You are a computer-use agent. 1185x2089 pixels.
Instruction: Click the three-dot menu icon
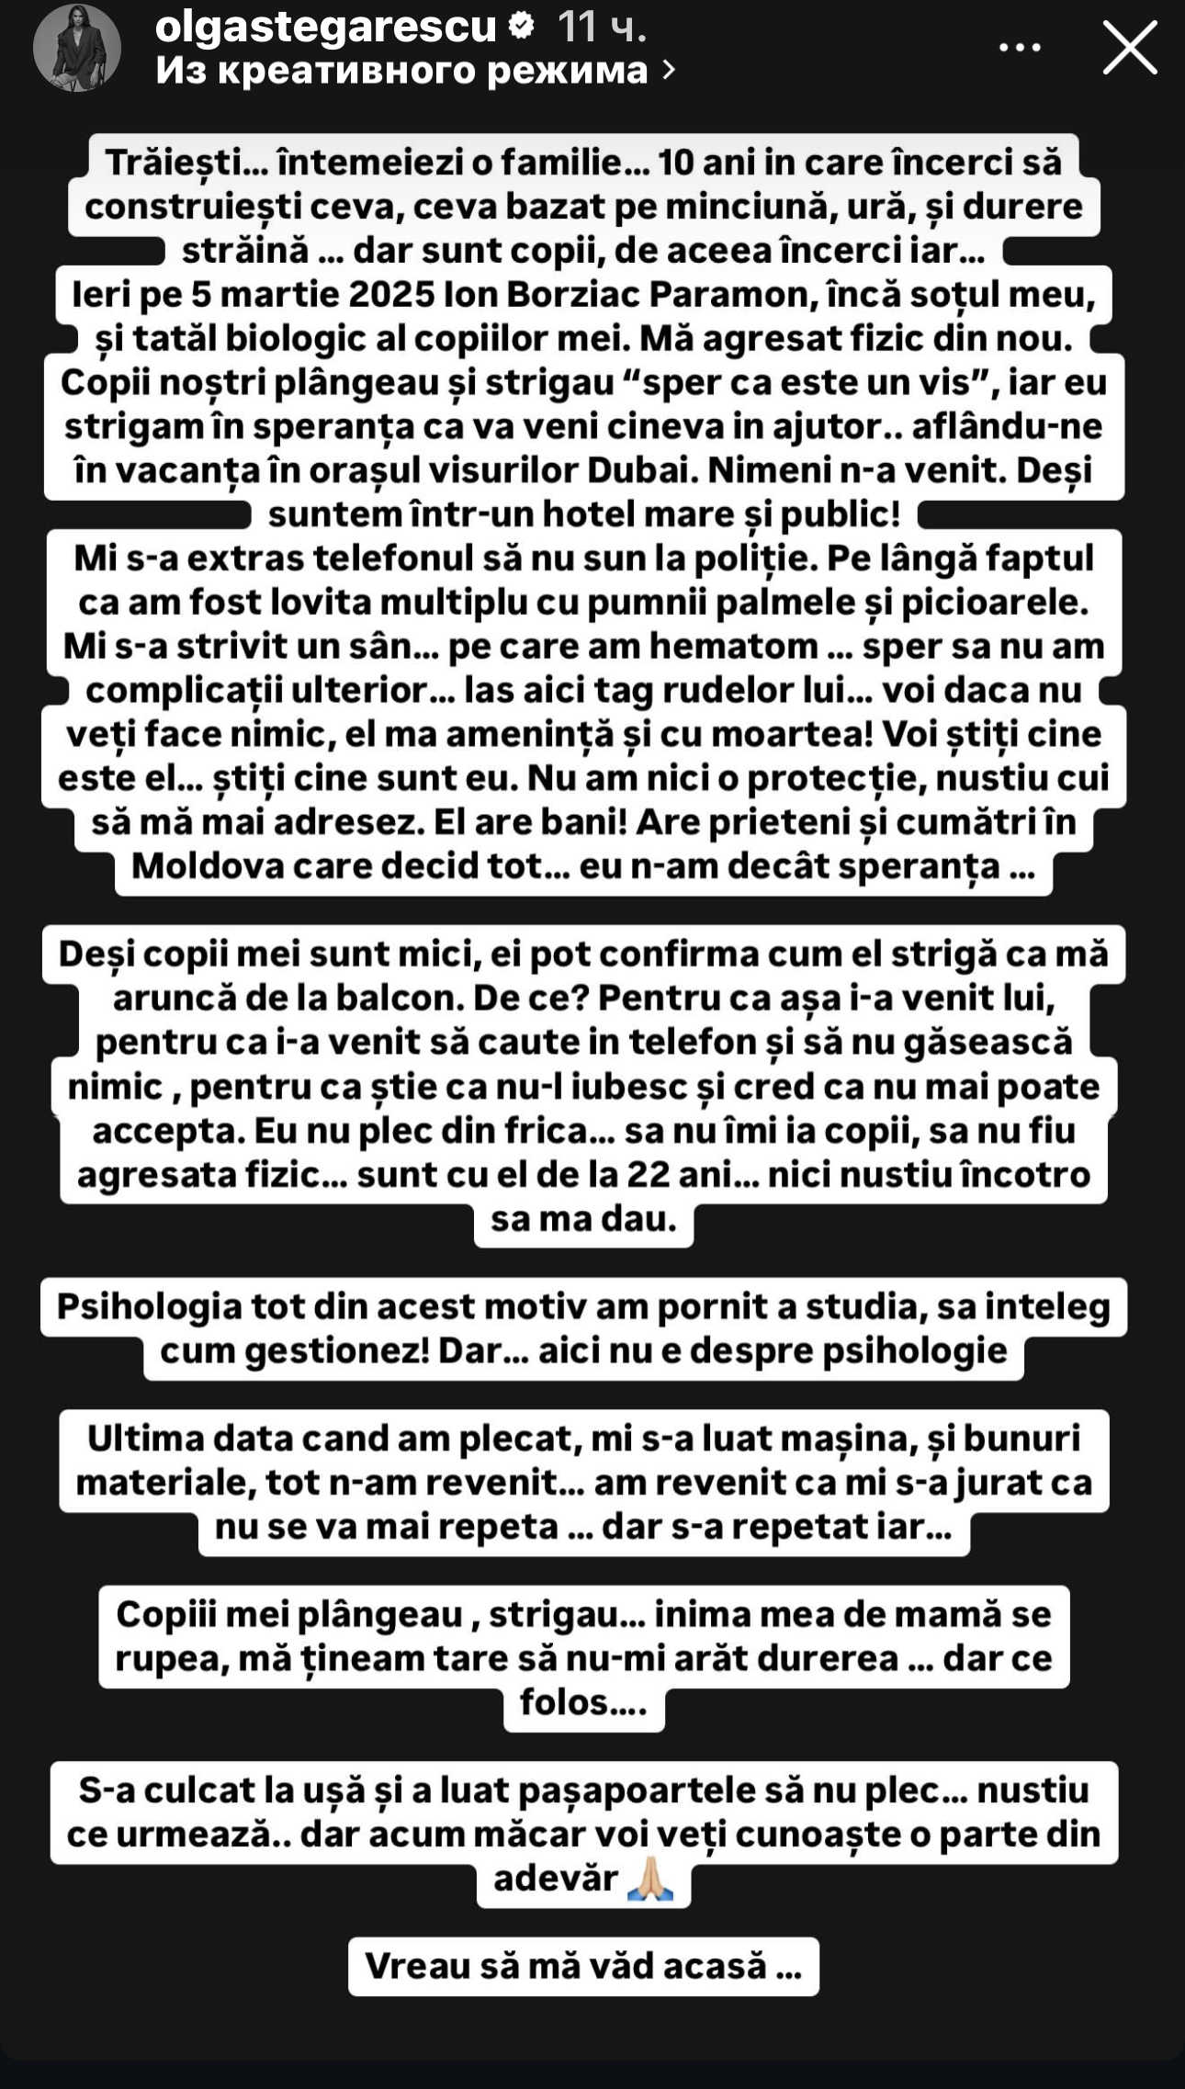pyautogui.click(x=1020, y=47)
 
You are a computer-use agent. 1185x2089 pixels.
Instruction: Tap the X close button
pyautogui.click(x=1129, y=47)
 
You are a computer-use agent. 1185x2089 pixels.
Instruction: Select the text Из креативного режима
pyautogui.click(x=402, y=70)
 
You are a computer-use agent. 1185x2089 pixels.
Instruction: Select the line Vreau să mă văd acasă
pyautogui.click(x=583, y=1966)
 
